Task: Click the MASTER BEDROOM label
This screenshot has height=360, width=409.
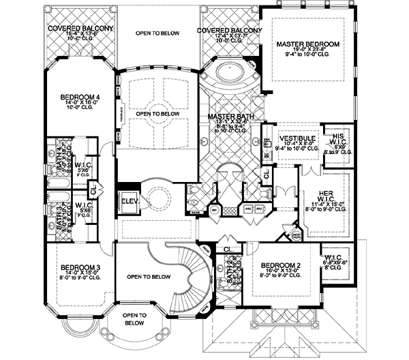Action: (307, 44)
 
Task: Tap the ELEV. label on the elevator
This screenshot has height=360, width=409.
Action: (129, 202)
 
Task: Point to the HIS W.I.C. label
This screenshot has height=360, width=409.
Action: (337, 138)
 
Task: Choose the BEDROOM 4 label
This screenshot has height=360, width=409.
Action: (80, 97)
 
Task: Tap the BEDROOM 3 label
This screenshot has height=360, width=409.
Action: (80, 267)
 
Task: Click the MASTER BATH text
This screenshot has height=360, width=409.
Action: (231, 117)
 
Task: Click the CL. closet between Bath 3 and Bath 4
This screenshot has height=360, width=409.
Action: (95, 186)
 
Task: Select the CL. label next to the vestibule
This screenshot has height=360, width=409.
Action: (267, 175)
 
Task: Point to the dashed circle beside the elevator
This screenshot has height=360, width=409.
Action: (158, 199)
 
